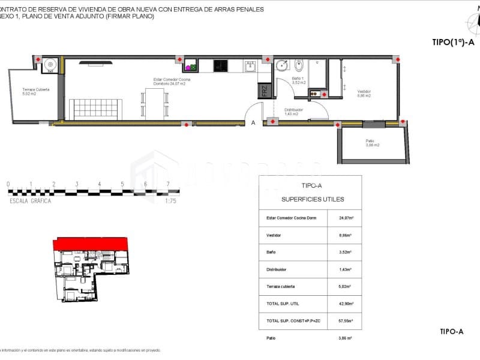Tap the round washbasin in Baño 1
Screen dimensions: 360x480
pos(282,66)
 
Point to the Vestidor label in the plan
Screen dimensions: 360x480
pos(364,93)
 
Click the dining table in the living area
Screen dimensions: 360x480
pos(154,104)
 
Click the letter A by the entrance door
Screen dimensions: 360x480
pos(254,123)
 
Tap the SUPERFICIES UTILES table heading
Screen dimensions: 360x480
pos(310,199)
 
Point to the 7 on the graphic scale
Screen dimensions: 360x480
pos(169,184)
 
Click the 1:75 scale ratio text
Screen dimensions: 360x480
pos(170,202)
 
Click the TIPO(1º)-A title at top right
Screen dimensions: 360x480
pos(452,43)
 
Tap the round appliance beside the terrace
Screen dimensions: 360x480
pos(50,64)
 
